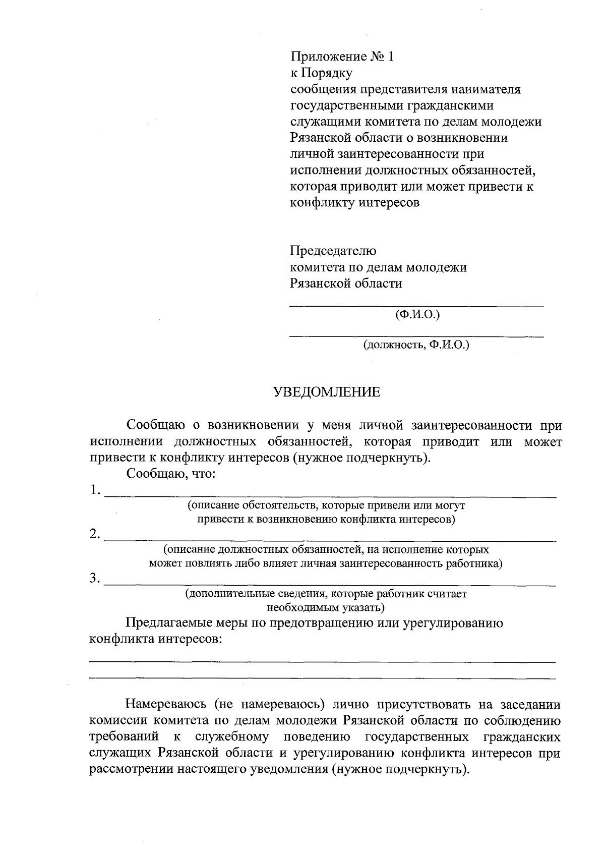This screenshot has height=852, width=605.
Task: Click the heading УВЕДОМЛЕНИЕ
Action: [327, 392]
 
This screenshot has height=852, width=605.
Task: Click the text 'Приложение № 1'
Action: [341, 57]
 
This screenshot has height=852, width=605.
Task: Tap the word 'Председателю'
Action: [333, 251]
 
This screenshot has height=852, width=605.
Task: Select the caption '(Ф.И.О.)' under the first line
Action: [417, 315]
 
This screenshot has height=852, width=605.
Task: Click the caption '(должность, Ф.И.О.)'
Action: [416, 345]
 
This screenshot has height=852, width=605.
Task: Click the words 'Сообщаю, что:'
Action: [171, 474]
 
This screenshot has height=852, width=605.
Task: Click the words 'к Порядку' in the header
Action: [321, 73]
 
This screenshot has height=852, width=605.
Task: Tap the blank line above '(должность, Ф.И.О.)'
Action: [416, 335]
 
